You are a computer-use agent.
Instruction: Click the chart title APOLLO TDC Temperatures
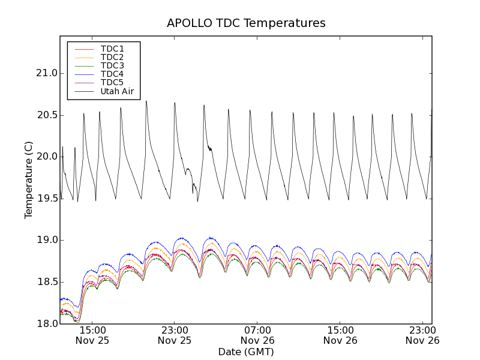pos(246,23)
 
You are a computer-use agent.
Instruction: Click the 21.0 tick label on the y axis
pos(46,73)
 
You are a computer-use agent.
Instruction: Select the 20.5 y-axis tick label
pos(46,115)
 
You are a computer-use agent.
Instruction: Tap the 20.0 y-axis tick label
pos(46,157)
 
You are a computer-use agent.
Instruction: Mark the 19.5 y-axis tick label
pos(46,199)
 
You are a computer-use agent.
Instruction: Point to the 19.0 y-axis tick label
pos(46,240)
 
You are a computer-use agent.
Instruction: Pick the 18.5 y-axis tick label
pos(46,282)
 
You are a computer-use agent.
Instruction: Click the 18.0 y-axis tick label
pos(46,324)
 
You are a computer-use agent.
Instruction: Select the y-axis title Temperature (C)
pos(29,180)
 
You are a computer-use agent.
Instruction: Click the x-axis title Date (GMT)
pos(246,352)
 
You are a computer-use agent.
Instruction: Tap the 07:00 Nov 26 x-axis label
pos(257,335)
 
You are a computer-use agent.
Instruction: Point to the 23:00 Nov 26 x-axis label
pos(422,335)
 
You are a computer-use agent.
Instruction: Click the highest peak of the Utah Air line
pos(146,101)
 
